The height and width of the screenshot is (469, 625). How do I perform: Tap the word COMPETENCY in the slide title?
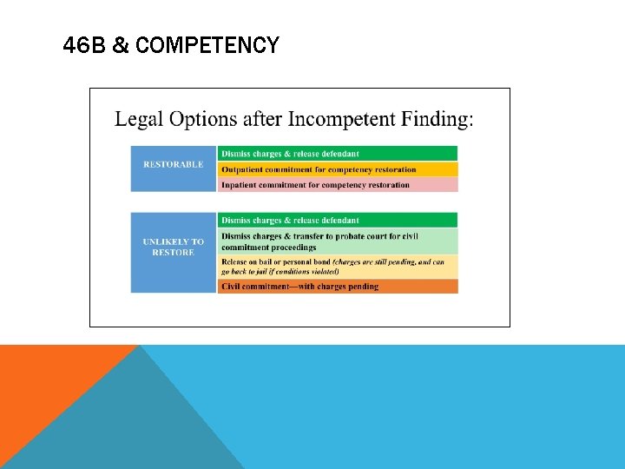pos(207,45)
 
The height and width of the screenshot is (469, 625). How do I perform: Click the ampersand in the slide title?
pos(121,45)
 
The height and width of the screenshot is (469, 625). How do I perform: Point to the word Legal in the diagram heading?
pos(143,118)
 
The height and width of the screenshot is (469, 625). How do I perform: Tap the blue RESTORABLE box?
pos(174,168)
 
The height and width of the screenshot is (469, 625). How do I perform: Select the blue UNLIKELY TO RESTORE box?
pos(174,252)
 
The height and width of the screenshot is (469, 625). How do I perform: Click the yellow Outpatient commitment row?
pos(338,169)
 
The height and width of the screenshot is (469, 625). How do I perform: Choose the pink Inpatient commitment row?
pos(338,185)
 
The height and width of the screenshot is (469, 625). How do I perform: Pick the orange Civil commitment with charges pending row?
pos(338,287)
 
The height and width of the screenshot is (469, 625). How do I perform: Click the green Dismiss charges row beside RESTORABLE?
pos(338,154)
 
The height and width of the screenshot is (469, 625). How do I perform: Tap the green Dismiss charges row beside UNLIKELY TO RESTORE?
pos(338,220)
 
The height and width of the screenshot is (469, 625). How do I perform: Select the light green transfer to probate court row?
pos(338,241)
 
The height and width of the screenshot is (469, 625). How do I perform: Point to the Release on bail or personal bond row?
pos(338,267)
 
